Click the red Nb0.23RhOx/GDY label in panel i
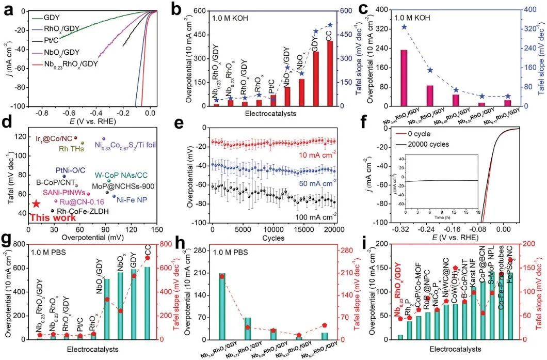(x=398, y=287)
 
